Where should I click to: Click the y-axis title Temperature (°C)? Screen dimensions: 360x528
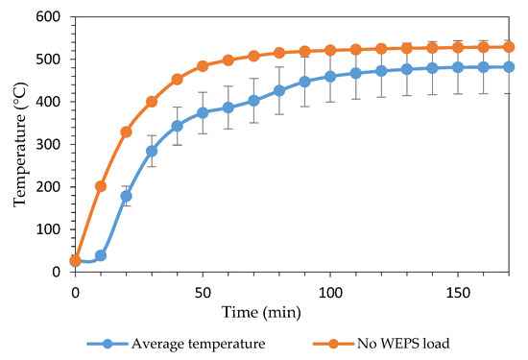point(20,144)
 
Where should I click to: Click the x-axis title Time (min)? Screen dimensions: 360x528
point(292,312)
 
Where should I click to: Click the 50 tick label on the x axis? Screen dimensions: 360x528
point(203,289)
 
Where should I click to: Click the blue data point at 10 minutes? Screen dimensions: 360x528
point(101,255)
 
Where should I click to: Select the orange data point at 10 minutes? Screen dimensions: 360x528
point(101,186)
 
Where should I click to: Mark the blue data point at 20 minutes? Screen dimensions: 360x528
point(126,196)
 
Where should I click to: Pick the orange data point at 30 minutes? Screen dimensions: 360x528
point(152,102)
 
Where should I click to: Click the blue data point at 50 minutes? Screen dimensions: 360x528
point(203,112)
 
